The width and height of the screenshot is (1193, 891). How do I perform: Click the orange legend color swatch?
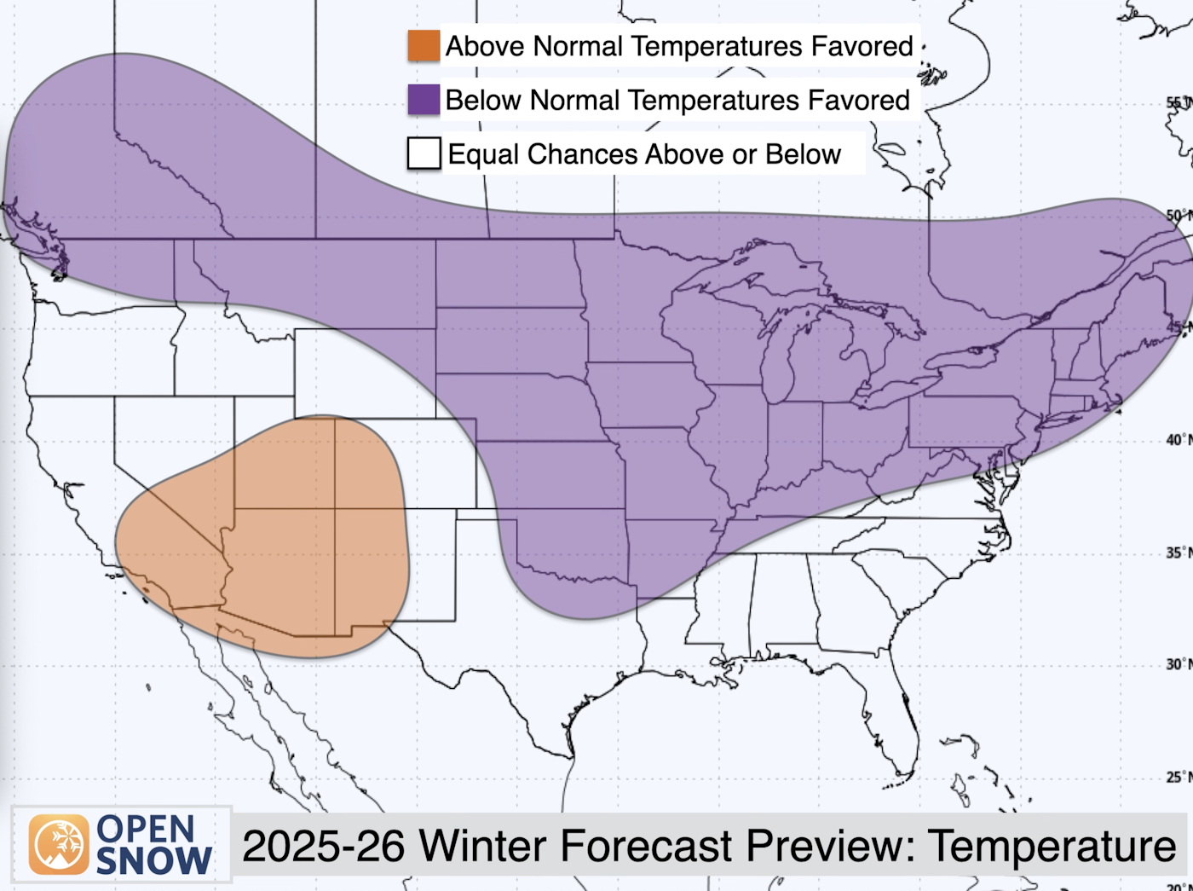point(424,46)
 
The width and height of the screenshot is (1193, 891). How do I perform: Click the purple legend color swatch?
point(424,100)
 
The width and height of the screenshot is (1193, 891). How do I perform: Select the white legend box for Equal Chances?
point(424,153)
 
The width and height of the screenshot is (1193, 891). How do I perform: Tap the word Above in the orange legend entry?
point(485,46)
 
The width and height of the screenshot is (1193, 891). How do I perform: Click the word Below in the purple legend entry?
point(484,100)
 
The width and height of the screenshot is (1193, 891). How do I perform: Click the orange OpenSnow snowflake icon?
point(59,844)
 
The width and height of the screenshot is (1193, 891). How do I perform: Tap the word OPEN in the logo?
point(146,829)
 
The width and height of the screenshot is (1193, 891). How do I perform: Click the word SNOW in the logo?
point(153,861)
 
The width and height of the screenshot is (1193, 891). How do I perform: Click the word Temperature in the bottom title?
point(1052,847)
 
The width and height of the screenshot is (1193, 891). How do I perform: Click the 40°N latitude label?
point(1177,440)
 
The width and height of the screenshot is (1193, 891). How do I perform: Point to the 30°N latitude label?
point(1177,664)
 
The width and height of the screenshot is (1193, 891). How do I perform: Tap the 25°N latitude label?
point(1177,777)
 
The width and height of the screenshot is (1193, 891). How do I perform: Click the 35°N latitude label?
point(1177,553)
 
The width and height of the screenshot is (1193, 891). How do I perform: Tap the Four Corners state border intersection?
point(335,509)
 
